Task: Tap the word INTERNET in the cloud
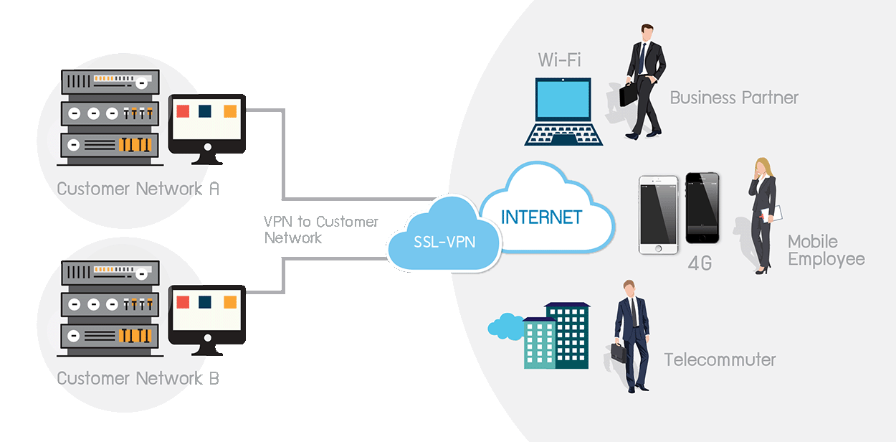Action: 541,216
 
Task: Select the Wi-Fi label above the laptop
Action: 559,59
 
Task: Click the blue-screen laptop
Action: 563,111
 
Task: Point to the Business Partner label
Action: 733,98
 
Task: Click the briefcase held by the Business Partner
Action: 629,94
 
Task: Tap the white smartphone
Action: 658,215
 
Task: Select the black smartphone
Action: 702,208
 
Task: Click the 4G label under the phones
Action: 700,263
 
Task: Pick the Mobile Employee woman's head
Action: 761,168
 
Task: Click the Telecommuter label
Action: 719,359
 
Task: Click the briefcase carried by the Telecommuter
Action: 616,354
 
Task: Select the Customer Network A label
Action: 138,189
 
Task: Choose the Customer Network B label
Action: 138,378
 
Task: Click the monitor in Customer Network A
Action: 206,122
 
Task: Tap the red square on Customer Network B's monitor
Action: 183,301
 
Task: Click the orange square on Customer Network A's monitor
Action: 230,111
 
